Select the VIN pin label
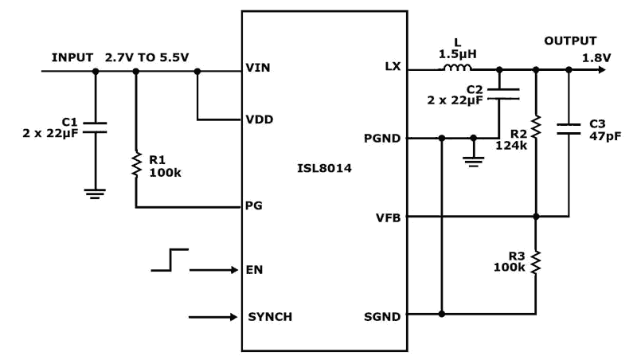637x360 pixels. (258, 68)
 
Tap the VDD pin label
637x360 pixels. (259, 120)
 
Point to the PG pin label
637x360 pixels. (254, 206)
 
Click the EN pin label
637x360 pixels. (254, 269)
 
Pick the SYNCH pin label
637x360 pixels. (270, 317)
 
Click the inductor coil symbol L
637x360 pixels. (456, 70)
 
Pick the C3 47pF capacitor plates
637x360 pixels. (569, 130)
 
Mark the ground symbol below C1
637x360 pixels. (96, 193)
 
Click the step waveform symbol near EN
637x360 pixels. (170, 260)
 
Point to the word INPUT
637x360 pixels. (72, 57)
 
